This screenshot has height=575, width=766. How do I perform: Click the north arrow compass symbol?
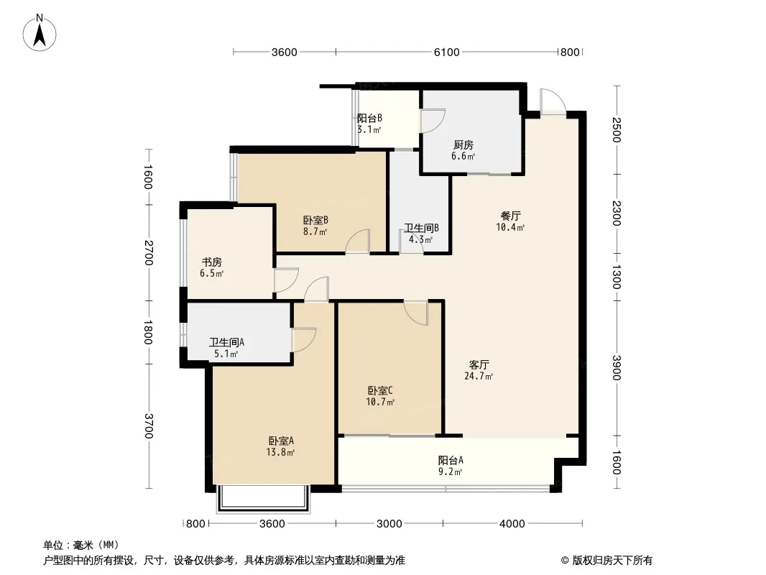pos(40,33)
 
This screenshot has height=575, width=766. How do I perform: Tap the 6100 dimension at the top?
pos(446,52)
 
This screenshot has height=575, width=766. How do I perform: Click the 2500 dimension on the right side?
pos(617,130)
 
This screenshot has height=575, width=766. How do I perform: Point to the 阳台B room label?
pos(369,118)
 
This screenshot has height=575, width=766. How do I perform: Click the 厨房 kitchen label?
pos(463,145)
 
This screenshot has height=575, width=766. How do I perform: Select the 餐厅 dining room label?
pos(510,216)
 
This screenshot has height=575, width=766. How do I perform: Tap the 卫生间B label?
pos(421,228)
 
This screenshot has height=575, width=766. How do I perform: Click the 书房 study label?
pos(211,262)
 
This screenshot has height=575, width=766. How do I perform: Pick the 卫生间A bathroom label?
pos(226,342)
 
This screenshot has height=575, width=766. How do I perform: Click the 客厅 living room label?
pos(479,365)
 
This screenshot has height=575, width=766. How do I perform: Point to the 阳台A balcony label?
pos(451,460)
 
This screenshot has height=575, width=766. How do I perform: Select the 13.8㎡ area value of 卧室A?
pos(280,452)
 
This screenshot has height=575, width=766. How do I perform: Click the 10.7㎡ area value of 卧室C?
pos(380,402)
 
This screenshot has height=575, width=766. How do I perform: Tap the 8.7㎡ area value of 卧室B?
pos(315,232)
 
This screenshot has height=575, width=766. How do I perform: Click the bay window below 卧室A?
pos(263,499)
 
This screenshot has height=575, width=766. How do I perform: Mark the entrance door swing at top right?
pos(553,101)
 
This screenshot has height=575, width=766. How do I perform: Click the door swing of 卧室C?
pos(416,313)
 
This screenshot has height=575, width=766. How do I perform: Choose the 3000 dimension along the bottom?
pos(389,524)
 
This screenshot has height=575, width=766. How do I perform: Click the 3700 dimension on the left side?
pos(148,426)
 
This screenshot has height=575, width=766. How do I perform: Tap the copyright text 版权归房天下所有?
pos(612,561)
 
